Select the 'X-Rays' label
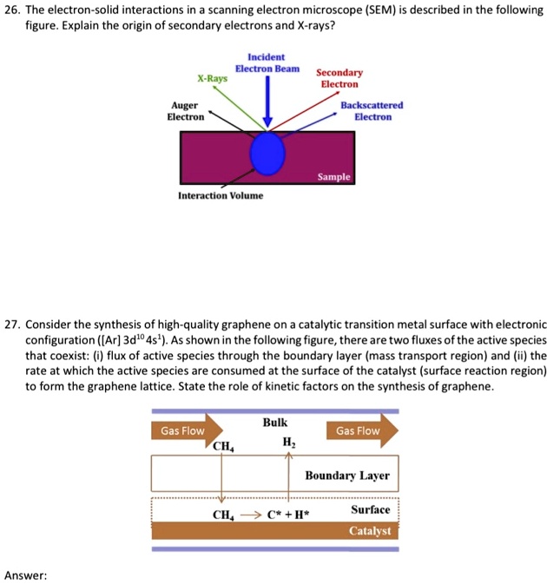pos(212,78)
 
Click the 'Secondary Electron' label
pos(339,78)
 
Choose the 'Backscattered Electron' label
pos(371,110)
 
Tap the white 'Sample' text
pos(333,176)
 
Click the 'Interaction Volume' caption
pos(221,195)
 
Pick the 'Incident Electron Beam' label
pos(267,62)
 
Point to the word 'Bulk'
pos(274,423)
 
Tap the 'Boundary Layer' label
pos(347,476)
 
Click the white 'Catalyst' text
pos(370,531)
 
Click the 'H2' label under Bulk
pos(288,443)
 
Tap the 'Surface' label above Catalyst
pos(371,509)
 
